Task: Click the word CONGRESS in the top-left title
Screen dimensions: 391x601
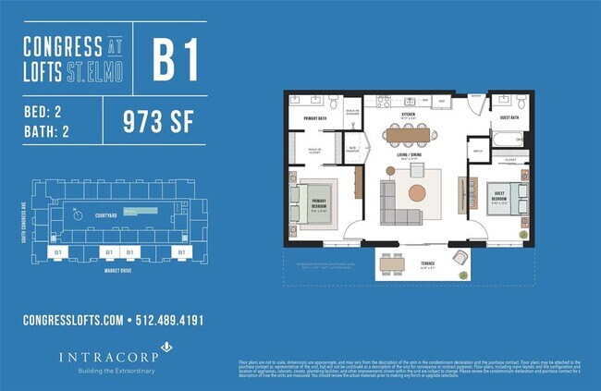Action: [x=63, y=44]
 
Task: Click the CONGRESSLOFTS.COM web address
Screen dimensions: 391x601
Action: [x=72, y=321]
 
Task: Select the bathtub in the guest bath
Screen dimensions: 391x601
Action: [x=507, y=139]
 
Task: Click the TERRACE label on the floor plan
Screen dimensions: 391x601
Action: [x=427, y=263]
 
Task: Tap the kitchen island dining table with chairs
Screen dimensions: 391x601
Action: [x=408, y=135]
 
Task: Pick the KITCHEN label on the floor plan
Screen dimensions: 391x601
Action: [x=408, y=114]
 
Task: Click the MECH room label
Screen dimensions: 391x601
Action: [x=478, y=150]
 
